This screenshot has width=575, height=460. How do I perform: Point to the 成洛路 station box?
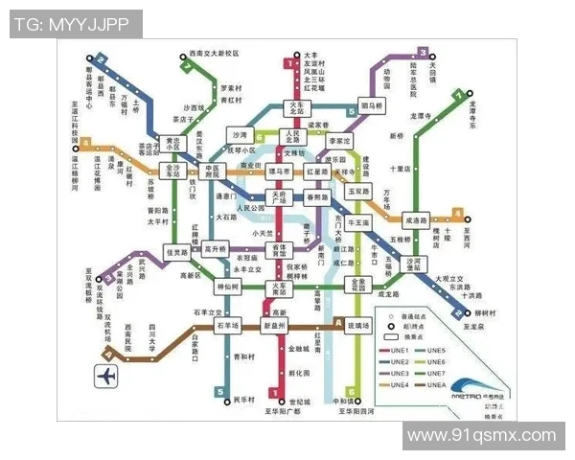coord(416,219)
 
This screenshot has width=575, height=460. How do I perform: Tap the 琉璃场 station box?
coord(356,326)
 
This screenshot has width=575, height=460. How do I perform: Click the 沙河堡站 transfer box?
coord(415,264)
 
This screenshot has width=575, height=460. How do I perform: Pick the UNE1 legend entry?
coord(400,351)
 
